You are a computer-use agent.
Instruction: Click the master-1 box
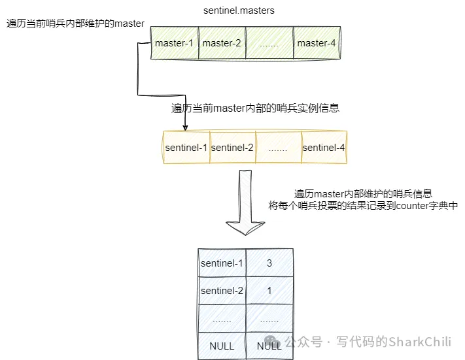(x=174, y=44)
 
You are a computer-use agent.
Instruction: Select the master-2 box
(x=222, y=44)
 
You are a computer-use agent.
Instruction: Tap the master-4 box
(x=317, y=44)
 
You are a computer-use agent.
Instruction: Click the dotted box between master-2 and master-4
(x=269, y=44)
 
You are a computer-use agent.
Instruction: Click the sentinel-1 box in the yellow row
(x=186, y=148)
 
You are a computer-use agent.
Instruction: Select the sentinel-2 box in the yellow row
(x=232, y=148)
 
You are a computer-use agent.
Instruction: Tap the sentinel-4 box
(x=324, y=148)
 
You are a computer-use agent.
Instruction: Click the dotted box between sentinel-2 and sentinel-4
(x=278, y=148)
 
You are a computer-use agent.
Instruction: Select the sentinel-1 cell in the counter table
(x=222, y=263)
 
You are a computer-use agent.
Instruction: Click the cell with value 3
(x=269, y=263)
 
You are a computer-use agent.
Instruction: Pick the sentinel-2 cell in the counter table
(x=222, y=291)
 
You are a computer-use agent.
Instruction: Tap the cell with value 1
(x=269, y=291)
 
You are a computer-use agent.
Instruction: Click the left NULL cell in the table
(x=222, y=346)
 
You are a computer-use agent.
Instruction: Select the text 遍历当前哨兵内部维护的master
(x=75, y=24)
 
